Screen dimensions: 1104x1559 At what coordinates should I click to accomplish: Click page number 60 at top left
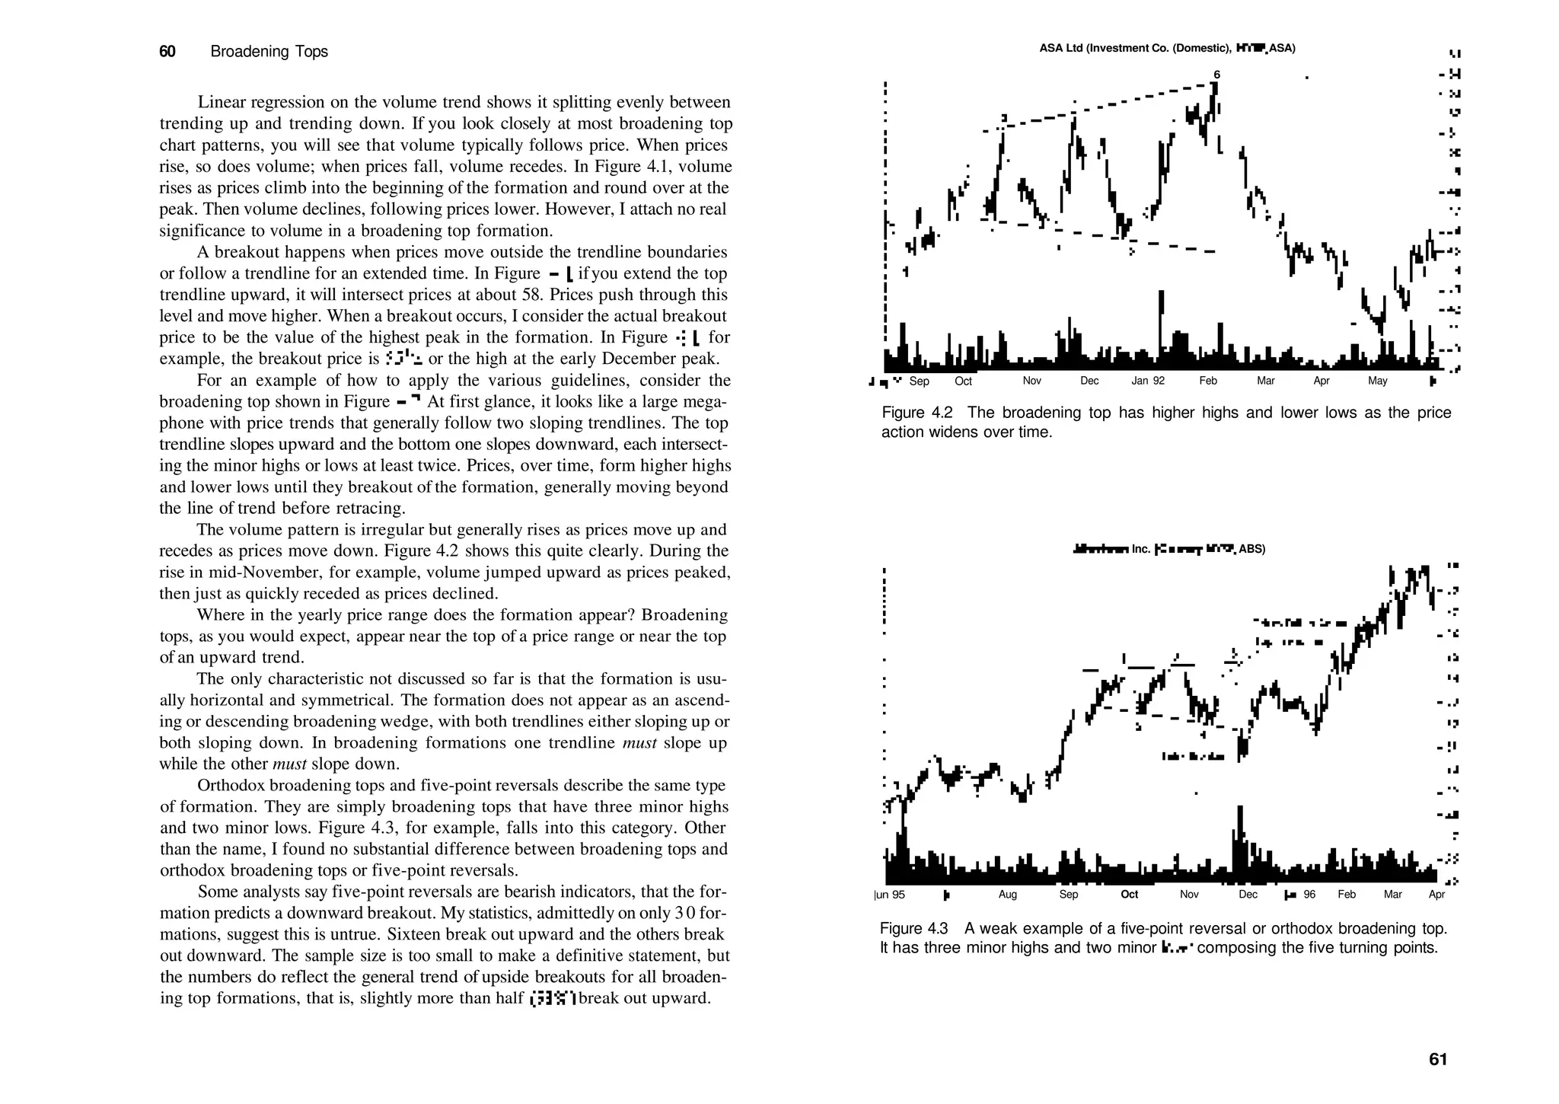(167, 52)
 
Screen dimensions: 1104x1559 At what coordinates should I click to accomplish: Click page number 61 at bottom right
(1438, 1059)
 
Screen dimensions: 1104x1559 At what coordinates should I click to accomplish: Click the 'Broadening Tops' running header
(269, 52)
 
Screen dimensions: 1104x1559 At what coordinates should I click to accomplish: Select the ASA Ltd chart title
(1167, 49)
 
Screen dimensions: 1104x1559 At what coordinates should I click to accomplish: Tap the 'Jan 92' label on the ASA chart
(1148, 381)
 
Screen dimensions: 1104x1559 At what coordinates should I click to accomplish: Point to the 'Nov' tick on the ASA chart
(1031, 381)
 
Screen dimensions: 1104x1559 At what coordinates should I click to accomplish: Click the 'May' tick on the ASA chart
(1377, 381)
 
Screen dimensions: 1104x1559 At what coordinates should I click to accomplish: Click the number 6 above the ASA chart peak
(1216, 75)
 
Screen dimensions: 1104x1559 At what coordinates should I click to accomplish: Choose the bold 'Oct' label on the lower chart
(1129, 895)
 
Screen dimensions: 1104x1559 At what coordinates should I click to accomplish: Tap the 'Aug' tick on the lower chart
(1007, 895)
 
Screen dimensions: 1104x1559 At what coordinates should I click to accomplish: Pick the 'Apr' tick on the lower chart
(1436, 895)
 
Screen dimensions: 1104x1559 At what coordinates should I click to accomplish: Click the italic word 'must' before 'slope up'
(639, 743)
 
